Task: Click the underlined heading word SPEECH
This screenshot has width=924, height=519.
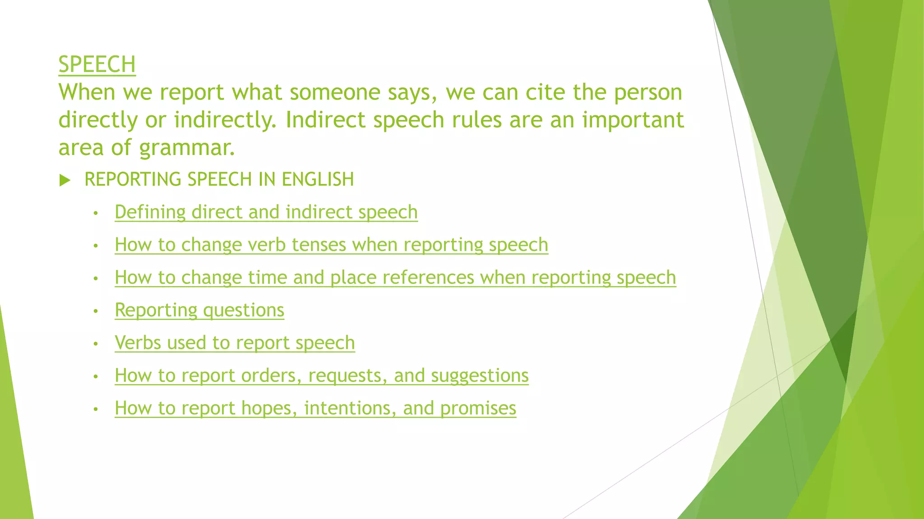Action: [97, 64]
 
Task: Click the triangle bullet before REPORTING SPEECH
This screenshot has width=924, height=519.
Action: [65, 180]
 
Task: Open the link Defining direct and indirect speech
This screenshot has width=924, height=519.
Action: [266, 212]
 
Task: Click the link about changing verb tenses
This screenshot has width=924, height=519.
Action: [331, 245]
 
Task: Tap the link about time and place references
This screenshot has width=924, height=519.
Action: [395, 278]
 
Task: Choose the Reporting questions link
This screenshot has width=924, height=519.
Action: [199, 310]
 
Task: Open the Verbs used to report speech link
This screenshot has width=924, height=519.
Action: [235, 343]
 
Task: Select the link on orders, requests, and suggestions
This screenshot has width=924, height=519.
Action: [321, 375]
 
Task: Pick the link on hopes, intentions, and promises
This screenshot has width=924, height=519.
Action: [315, 408]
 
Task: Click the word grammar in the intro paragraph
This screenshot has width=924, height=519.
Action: [187, 148]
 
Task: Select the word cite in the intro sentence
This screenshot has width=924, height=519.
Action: [545, 92]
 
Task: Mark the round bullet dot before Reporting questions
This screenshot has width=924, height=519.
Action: [96, 311]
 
